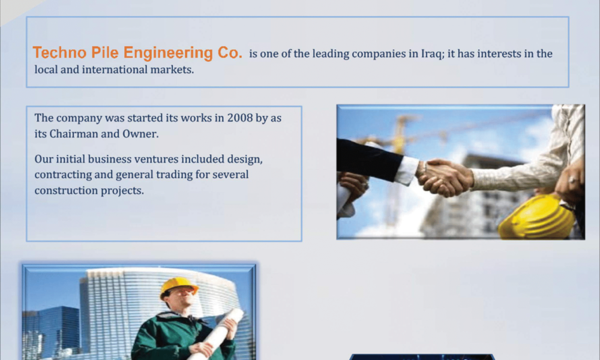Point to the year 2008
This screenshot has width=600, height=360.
[240, 118]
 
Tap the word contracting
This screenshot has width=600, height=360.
[63, 175]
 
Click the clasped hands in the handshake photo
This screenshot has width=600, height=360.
[445, 178]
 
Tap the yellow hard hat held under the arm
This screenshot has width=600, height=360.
[536, 217]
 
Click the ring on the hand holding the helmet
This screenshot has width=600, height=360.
[572, 180]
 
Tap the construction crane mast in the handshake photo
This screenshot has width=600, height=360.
[396, 169]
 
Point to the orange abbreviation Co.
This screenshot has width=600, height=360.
[230, 53]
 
